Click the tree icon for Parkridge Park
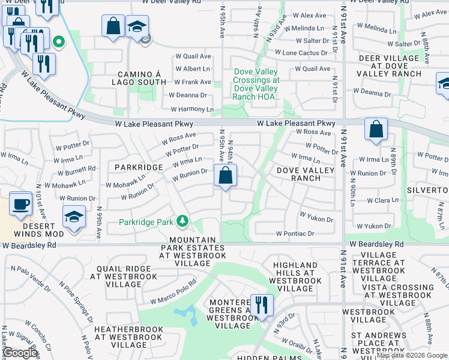[182, 222]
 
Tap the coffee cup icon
[20, 203]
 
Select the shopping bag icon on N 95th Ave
[225, 176]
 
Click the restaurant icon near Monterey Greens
[261, 305]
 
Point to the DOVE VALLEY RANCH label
[306, 174]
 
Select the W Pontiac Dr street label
[295, 233]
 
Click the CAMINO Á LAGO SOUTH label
[139, 77]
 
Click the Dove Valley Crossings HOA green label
[256, 84]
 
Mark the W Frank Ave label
[193, 82]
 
